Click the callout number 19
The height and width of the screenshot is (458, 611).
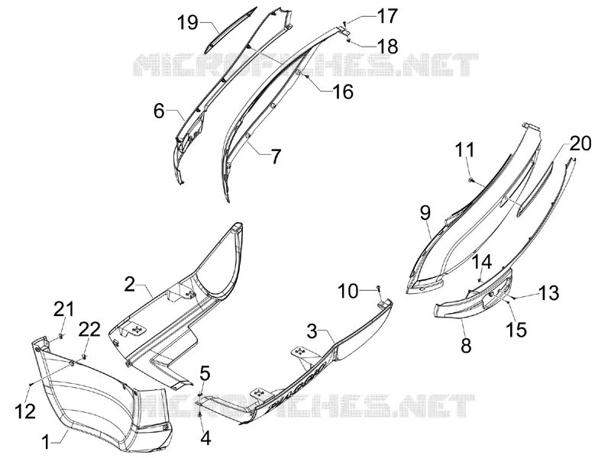[x=189, y=22]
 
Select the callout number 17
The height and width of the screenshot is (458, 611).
[x=386, y=16]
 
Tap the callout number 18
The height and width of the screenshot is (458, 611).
[x=387, y=47]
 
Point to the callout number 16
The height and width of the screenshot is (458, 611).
[x=342, y=92]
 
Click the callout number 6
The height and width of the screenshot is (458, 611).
[x=159, y=111]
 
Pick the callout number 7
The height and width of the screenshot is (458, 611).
[x=276, y=156]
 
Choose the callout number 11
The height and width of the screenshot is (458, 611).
[x=465, y=150]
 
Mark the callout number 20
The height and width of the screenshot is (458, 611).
[x=580, y=143]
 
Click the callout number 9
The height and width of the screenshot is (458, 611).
[x=425, y=213]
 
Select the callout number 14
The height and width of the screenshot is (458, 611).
[x=483, y=262]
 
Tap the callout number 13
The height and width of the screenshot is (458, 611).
[x=548, y=293]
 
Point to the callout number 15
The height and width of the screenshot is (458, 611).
[x=516, y=330]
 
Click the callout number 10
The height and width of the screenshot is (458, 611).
[x=348, y=291]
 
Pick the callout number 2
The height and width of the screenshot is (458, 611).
[x=130, y=284]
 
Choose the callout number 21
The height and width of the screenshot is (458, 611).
[x=63, y=310]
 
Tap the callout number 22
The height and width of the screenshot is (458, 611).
[x=89, y=330]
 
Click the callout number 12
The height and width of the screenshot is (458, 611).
[x=25, y=411]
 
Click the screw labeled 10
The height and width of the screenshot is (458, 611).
[x=378, y=289]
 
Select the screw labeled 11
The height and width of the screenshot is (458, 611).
[x=471, y=179]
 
